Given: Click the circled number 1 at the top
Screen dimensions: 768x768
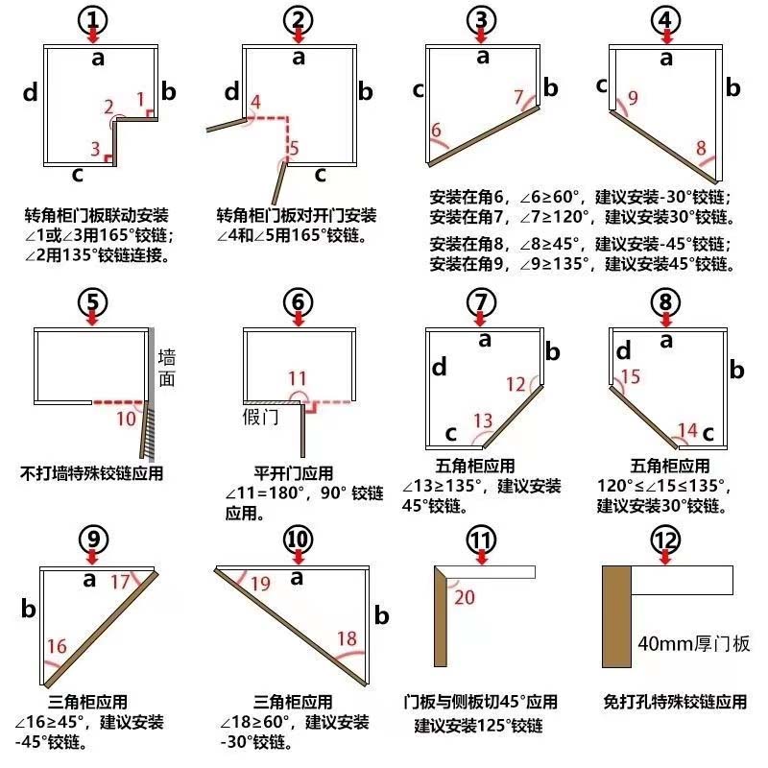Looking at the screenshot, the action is [92, 18].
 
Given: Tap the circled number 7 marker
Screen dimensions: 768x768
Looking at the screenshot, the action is [482, 301].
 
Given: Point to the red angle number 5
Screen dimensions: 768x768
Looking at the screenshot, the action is [293, 148].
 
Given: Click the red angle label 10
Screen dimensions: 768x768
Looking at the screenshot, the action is [126, 418].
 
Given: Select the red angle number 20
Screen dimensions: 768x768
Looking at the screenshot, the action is [465, 596].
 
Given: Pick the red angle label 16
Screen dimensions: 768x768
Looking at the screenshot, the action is [56, 645].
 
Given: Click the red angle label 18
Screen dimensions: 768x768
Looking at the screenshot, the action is [347, 638].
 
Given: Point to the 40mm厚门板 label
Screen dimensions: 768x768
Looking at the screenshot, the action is [692, 643].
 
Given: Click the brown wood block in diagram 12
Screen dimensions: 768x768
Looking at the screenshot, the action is [616, 615].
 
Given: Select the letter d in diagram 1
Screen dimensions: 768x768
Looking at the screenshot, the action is [31, 93].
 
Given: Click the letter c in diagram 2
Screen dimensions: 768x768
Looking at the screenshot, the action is [321, 174].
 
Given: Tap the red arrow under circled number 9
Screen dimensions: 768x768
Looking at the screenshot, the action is [92, 557].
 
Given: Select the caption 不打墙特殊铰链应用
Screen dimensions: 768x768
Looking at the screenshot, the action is [91, 472].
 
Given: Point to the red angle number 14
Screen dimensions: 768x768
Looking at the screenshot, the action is [687, 428].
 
